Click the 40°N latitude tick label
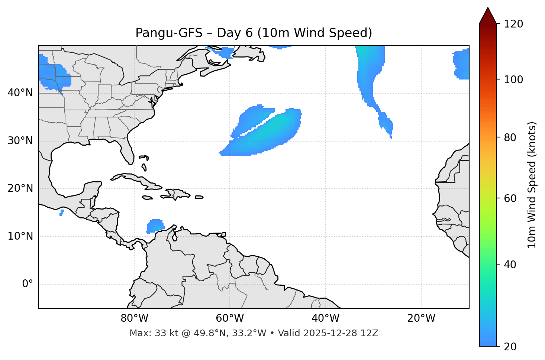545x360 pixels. click(x=20, y=93)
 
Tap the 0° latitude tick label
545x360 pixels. click(x=28, y=284)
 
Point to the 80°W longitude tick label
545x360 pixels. click(x=134, y=318)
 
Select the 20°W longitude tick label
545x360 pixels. click(x=421, y=318)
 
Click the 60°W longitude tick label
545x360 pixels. click(x=230, y=318)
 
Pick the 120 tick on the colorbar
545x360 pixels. click(x=513, y=24)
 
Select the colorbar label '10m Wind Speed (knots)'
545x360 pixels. click(x=532, y=185)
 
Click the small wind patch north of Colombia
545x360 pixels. click(x=155, y=226)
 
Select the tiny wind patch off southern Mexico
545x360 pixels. click(x=62, y=213)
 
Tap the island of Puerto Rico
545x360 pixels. click(x=199, y=197)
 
